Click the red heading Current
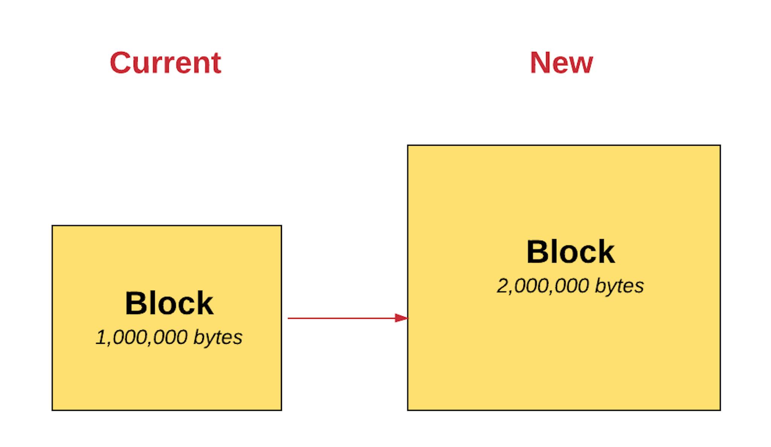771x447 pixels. [165, 63]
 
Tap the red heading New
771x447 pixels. [561, 63]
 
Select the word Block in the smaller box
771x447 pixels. [169, 303]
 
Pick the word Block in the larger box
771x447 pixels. [570, 252]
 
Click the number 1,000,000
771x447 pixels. [142, 337]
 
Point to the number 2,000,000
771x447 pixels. [543, 286]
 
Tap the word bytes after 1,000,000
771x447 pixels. [218, 337]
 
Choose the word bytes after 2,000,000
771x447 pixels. [619, 286]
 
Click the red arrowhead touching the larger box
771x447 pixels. [401, 318]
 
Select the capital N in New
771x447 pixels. [540, 63]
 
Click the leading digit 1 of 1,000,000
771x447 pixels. [101, 337]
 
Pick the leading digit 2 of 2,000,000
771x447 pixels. [502, 286]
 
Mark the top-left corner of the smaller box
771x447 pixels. [52, 226]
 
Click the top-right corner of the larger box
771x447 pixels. [720, 145]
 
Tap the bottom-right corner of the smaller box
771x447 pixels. [281, 410]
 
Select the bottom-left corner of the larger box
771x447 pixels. [408, 410]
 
